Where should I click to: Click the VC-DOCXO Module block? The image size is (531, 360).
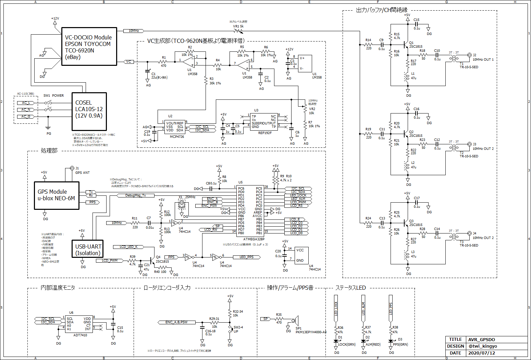(x=89, y=47)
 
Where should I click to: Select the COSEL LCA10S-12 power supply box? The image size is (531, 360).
(x=89, y=109)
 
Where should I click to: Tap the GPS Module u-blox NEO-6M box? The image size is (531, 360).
(x=57, y=195)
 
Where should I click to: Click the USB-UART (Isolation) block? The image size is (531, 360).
(x=88, y=250)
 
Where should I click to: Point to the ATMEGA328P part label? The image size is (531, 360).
(x=254, y=239)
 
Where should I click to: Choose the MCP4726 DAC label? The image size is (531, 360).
(x=177, y=136)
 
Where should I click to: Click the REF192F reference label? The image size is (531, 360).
(x=265, y=133)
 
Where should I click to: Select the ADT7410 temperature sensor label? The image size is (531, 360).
(x=80, y=335)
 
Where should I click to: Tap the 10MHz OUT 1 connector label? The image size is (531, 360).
(x=483, y=60)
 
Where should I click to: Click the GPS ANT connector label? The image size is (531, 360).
(x=82, y=173)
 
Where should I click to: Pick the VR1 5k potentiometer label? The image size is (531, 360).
(x=238, y=26)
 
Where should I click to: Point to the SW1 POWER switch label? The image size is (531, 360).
(x=53, y=96)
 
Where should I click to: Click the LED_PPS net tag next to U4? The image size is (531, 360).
(x=246, y=257)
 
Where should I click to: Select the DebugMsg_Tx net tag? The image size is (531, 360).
(x=135, y=195)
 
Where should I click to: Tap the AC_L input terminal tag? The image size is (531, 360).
(x=26, y=103)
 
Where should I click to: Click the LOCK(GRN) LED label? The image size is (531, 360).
(x=347, y=345)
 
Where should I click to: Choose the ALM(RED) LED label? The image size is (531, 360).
(x=373, y=345)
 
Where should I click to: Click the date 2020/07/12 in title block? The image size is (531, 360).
(x=481, y=353)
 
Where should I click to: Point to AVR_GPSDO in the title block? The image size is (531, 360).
(x=481, y=339)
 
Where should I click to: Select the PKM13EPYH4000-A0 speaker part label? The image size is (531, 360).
(x=311, y=332)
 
